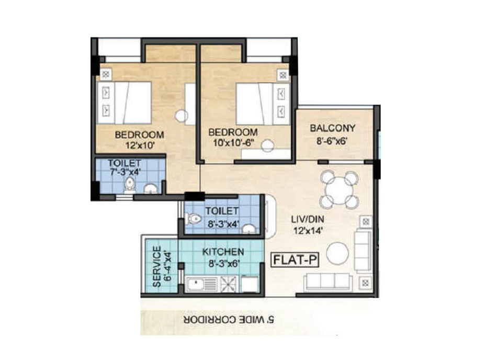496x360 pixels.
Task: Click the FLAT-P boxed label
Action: tap(295, 260)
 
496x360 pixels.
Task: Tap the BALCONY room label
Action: tap(332, 128)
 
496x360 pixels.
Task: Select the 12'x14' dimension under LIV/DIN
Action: tap(308, 231)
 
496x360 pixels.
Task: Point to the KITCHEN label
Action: tap(223, 252)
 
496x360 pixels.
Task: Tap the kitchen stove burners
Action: tap(229, 284)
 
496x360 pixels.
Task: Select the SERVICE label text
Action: tap(157, 266)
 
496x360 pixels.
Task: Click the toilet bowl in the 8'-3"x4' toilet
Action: tap(193, 219)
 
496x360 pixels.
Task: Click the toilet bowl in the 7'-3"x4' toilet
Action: tap(129, 184)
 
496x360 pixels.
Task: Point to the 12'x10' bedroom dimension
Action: tap(140, 145)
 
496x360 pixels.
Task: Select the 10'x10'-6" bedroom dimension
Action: tap(233, 143)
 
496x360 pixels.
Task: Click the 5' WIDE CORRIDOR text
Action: tap(229, 320)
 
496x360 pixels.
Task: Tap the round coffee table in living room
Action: tap(337, 253)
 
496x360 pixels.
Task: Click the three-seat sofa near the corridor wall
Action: tap(328, 282)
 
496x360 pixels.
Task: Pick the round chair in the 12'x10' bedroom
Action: tap(182, 115)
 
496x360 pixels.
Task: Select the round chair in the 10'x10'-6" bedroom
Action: tap(267, 145)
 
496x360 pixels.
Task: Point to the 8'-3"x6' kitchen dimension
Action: tap(224, 263)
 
